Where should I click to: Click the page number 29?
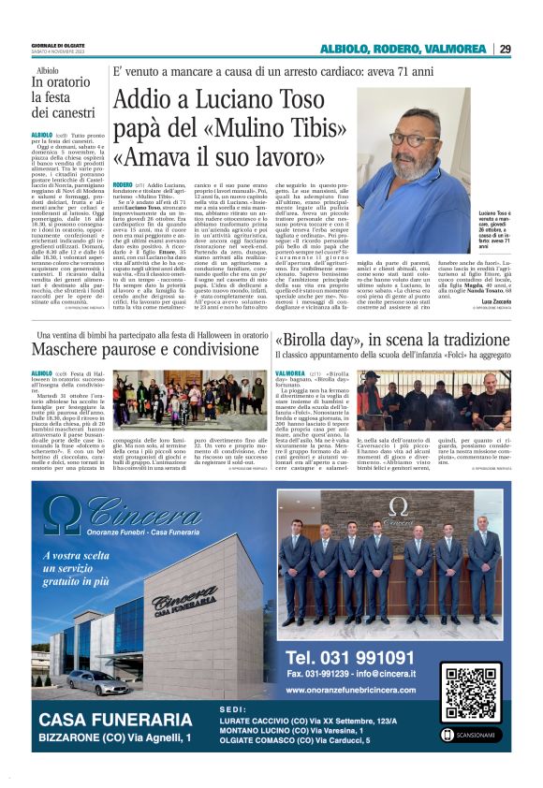(505, 49)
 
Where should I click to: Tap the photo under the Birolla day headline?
(446, 399)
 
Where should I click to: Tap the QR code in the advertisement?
(472, 693)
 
